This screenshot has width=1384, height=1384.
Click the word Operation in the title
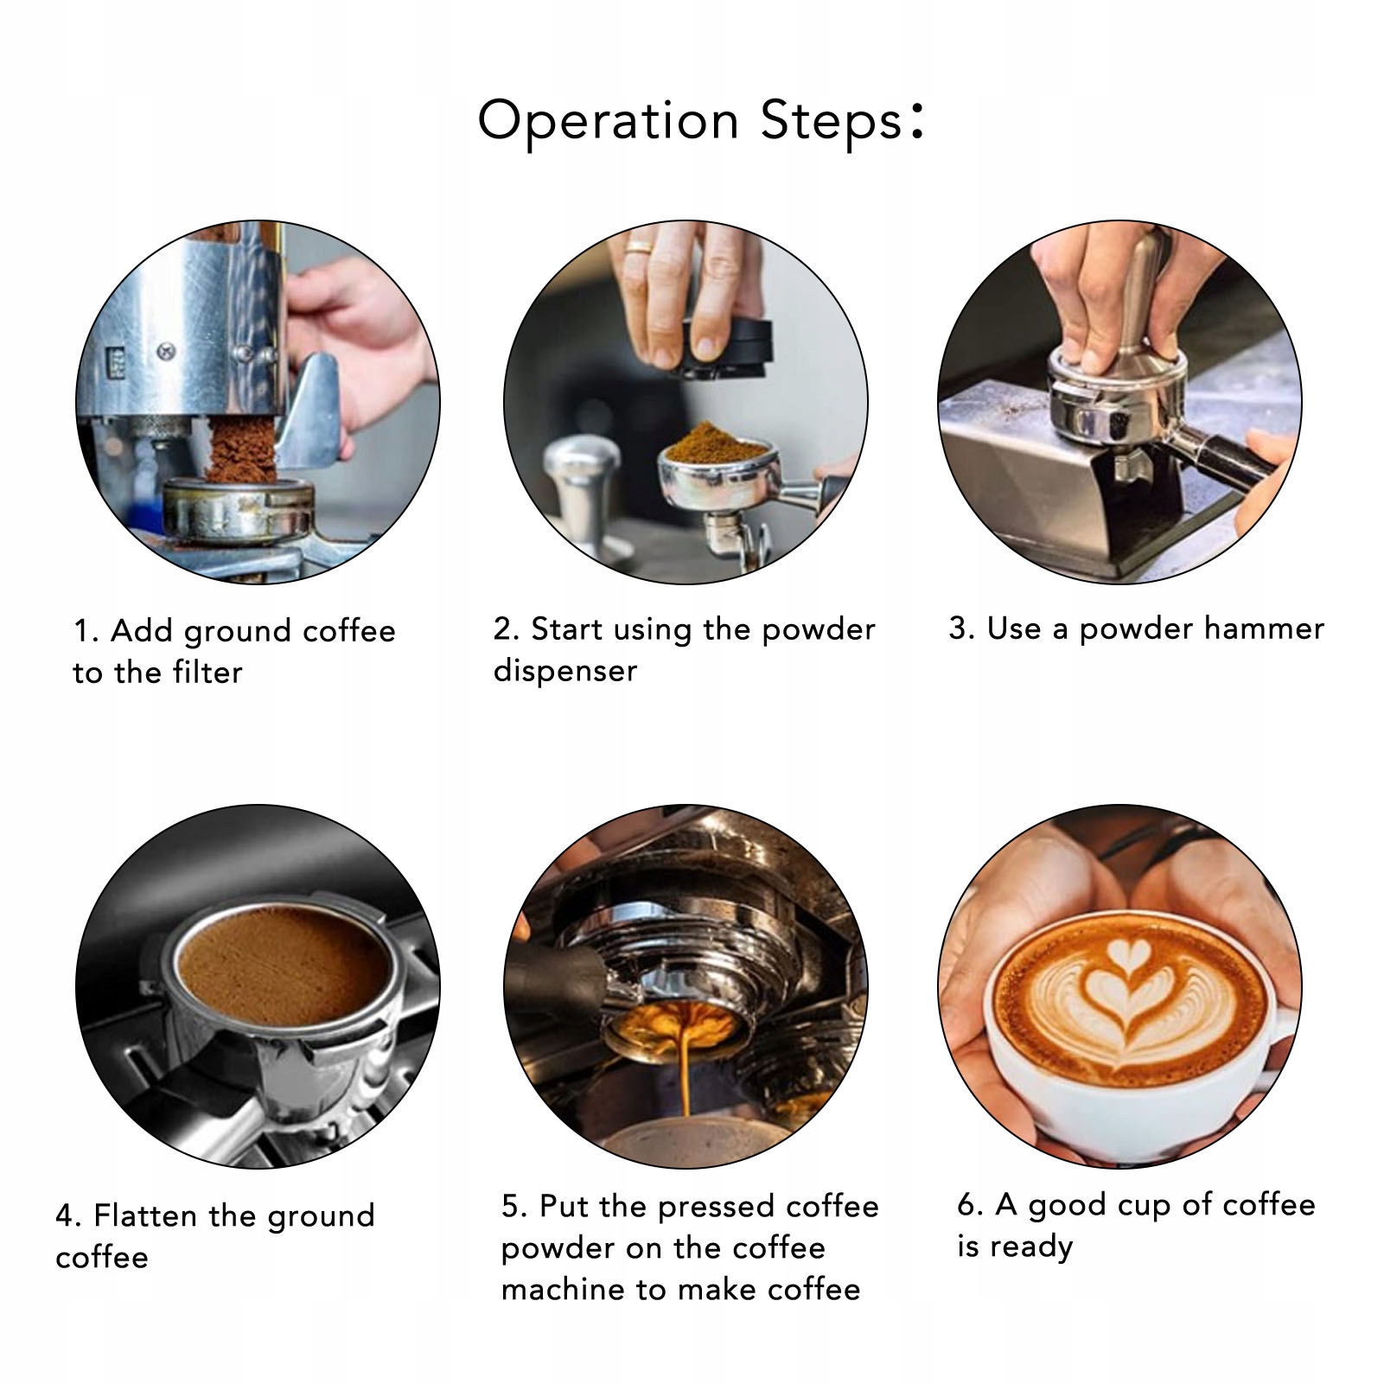(x=609, y=121)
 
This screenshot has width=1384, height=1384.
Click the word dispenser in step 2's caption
(x=565, y=672)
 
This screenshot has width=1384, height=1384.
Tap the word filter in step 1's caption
(x=207, y=673)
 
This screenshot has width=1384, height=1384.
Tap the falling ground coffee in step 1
(x=242, y=455)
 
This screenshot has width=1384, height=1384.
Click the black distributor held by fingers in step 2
(x=723, y=350)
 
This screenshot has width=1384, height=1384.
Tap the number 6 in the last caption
(x=967, y=1205)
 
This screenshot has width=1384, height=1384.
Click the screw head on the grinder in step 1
(x=166, y=351)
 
